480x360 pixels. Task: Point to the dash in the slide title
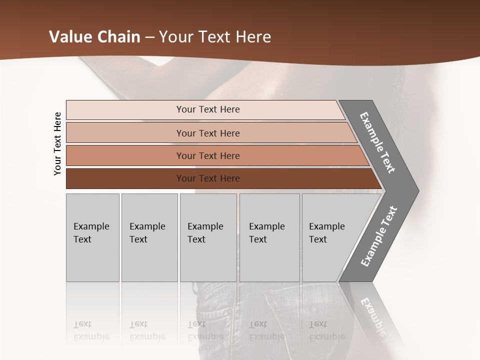pyautogui.click(x=150, y=37)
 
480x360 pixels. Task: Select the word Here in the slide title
pyautogui.click(x=253, y=37)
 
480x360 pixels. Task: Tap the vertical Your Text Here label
pyautogui.click(x=57, y=143)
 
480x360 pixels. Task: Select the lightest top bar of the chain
pyautogui.click(x=207, y=109)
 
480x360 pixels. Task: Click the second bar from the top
pyautogui.click(x=207, y=133)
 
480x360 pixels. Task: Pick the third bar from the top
pyautogui.click(x=207, y=155)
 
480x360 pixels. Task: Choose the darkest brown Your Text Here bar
pyautogui.click(x=207, y=178)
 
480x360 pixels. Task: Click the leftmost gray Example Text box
pyautogui.click(x=92, y=237)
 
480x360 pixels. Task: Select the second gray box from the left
pyautogui.click(x=149, y=237)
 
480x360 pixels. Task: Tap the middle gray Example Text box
pyautogui.click(x=208, y=237)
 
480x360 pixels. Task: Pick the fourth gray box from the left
pyautogui.click(x=269, y=237)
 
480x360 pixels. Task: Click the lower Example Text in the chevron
pyautogui.click(x=379, y=236)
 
